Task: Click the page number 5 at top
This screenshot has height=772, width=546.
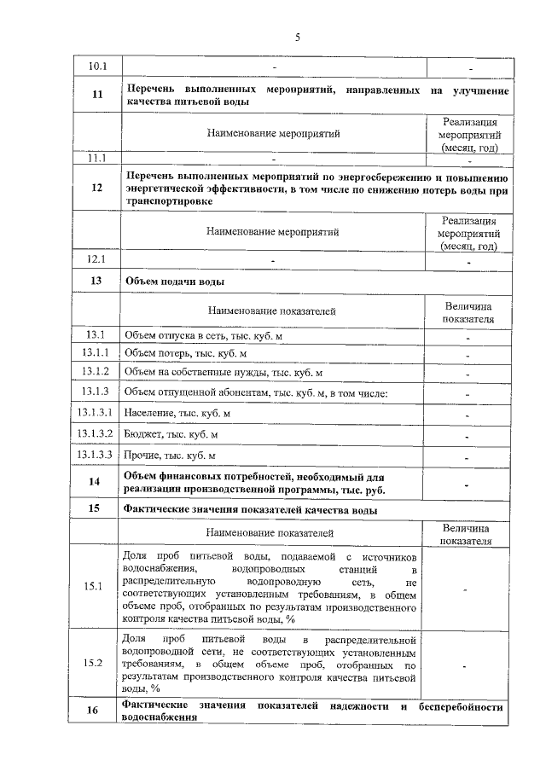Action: [x=298, y=37]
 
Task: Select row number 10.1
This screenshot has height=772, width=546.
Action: [x=96, y=66]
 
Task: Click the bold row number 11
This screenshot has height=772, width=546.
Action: [x=96, y=96]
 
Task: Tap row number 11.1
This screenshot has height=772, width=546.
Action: [x=96, y=158]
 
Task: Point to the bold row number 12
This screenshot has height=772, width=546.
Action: [x=96, y=189]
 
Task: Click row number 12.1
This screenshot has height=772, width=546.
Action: [x=96, y=258]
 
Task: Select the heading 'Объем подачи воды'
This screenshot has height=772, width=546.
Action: [x=175, y=281]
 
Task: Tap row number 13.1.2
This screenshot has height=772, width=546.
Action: [x=96, y=372]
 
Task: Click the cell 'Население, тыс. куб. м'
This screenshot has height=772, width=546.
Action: [x=177, y=413]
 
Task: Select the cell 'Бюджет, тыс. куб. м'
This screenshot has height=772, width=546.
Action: [x=171, y=434]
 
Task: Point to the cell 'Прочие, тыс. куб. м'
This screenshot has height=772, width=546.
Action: [x=171, y=456]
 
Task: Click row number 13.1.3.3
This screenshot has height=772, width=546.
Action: [x=96, y=456]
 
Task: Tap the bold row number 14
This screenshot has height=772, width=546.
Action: [x=96, y=483]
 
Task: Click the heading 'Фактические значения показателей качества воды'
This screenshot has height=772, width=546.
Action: [x=251, y=510]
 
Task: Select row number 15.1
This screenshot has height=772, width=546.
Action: [x=96, y=586]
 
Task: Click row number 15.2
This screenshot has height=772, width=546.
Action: [x=96, y=662]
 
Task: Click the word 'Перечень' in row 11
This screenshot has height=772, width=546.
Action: [x=152, y=90]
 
